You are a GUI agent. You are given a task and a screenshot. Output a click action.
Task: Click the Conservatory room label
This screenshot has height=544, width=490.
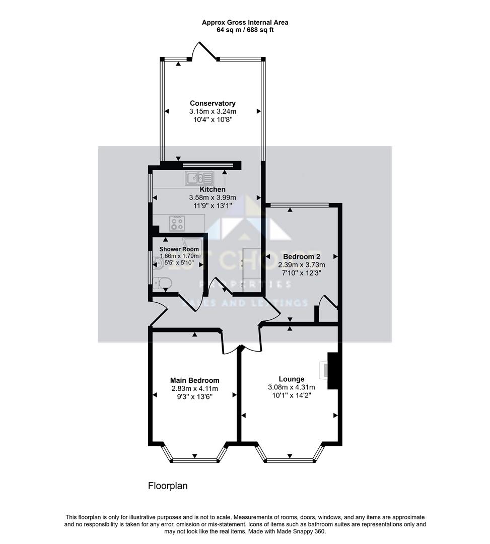(x=213, y=103)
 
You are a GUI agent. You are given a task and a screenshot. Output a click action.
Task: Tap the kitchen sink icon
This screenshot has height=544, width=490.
(x=200, y=177)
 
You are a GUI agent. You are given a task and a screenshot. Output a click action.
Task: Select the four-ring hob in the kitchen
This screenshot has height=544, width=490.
(x=177, y=222)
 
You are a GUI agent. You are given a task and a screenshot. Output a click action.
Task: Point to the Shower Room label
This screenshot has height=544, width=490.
(x=179, y=249)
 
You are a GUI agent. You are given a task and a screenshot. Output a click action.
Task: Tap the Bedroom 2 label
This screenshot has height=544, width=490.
(x=302, y=256)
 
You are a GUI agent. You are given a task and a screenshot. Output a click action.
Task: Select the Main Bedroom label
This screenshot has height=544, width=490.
(x=194, y=380)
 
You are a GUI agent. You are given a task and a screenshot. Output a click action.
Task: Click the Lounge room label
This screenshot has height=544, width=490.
(x=292, y=379)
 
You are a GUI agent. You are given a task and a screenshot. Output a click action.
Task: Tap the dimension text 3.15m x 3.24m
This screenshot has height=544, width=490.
(x=213, y=111)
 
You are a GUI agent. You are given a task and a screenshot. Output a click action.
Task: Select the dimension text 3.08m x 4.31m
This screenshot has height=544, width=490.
(x=292, y=387)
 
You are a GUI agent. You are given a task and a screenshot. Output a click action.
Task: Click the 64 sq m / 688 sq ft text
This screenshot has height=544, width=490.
(x=245, y=30)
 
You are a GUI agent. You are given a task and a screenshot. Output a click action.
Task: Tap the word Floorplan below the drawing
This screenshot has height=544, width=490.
(x=167, y=486)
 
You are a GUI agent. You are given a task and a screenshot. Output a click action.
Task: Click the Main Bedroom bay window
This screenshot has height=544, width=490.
(x=194, y=459)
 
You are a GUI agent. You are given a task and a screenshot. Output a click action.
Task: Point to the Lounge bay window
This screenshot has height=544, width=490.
(x=290, y=459)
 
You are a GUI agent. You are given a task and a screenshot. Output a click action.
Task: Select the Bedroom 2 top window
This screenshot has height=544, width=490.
(x=300, y=205)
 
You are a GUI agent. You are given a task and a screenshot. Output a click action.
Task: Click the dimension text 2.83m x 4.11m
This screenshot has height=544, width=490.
(x=194, y=388)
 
